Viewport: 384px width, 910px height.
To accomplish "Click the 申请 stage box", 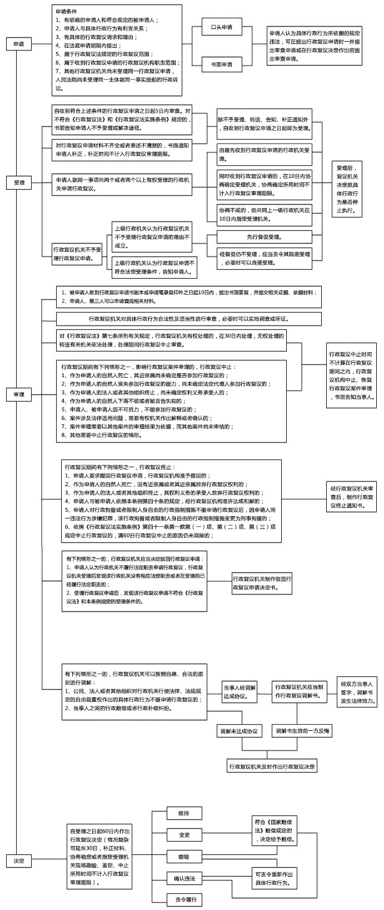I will point(18,44).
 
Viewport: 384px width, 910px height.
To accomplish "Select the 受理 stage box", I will point(18,182).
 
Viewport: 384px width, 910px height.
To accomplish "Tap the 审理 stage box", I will point(18,394).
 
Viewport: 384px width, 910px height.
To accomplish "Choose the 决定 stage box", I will point(18,860).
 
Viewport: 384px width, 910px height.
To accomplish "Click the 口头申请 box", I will point(221,27).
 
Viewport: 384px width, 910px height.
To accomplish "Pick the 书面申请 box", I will point(221,64).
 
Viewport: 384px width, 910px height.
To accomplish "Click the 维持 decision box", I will point(184,813).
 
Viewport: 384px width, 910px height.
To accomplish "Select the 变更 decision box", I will point(184,835).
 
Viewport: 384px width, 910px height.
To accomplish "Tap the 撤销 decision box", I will point(184,857).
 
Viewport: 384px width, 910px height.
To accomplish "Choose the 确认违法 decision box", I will point(184,878).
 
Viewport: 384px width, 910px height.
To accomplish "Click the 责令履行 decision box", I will point(184,899).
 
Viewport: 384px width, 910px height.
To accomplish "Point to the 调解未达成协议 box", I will point(240,731).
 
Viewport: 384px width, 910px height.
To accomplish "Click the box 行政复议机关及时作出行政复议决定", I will point(272,766).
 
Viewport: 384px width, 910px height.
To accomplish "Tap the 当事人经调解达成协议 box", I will point(240,691).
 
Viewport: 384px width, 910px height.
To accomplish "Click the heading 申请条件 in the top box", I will point(66,11).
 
